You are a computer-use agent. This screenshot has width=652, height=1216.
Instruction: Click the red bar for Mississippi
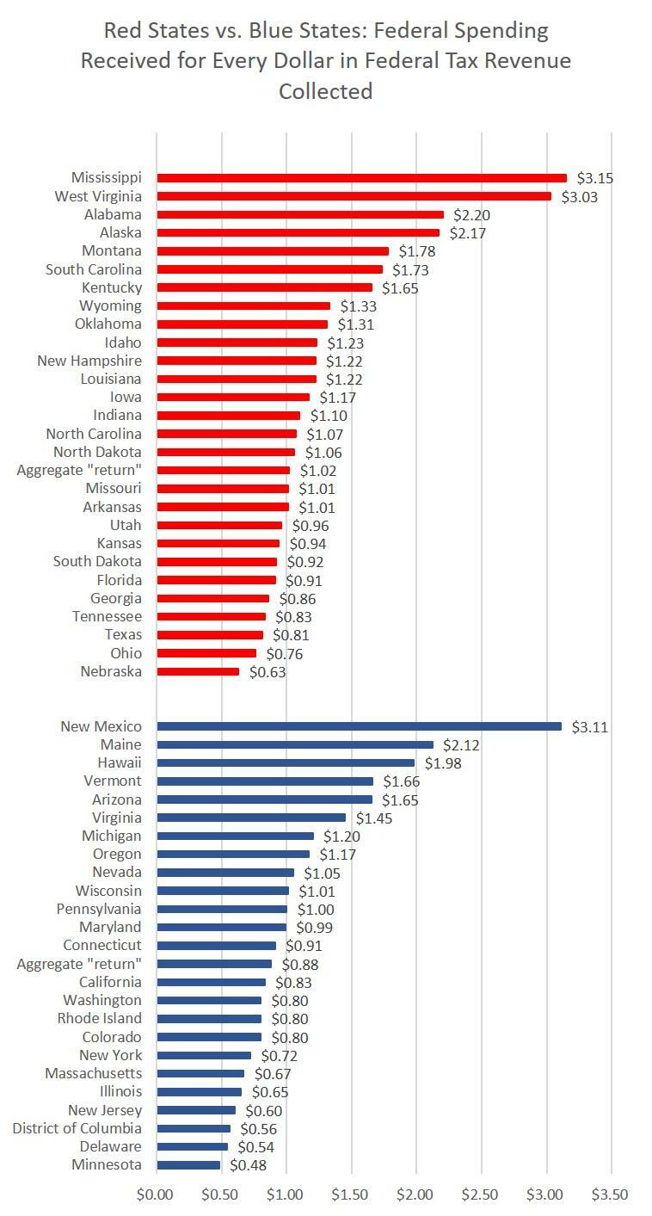tap(361, 178)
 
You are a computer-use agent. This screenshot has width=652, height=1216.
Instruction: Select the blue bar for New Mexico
tap(359, 726)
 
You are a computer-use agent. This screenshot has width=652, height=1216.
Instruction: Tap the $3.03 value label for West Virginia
tap(579, 197)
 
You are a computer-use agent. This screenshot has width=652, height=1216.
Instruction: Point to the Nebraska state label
tap(111, 671)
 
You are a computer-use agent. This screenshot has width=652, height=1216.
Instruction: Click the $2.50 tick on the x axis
tap(481, 1194)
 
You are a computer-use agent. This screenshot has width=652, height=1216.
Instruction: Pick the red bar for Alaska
tap(298, 233)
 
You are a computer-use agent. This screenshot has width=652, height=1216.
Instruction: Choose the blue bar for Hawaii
tap(286, 762)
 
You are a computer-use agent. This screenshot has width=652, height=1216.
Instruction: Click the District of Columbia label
tap(77, 1128)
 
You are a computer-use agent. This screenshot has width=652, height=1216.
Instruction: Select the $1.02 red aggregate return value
tap(318, 471)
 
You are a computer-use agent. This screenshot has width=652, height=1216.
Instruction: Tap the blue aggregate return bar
tap(214, 964)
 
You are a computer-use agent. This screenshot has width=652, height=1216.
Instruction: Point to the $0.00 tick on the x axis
tap(156, 1194)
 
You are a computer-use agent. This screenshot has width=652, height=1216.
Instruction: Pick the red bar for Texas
tap(210, 635)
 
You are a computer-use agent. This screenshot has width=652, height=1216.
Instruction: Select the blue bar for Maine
tap(295, 744)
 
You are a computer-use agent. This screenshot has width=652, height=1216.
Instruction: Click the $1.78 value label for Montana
tap(416, 251)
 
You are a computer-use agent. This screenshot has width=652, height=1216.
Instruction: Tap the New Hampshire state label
tap(89, 361)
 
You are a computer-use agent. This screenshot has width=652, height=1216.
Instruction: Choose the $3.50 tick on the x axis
tap(611, 1194)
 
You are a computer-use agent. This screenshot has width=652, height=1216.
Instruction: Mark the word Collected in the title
tap(325, 90)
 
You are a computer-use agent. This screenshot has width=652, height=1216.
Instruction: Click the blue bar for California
tap(212, 982)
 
